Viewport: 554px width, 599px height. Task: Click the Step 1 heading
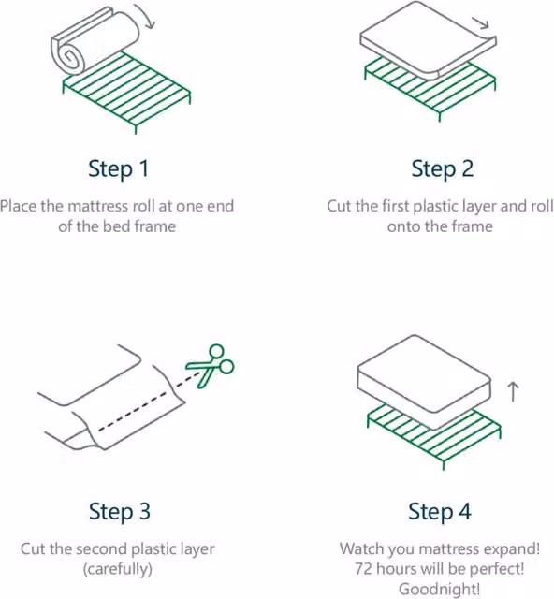tap(119, 169)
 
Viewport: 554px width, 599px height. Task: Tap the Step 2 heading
tap(443, 169)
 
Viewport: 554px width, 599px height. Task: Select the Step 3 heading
tap(120, 512)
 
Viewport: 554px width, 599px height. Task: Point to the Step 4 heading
tap(440, 512)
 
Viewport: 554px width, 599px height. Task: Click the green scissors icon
tap(210, 366)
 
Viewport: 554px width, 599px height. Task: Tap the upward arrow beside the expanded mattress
tap(513, 392)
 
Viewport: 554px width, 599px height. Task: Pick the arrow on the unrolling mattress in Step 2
tap(481, 23)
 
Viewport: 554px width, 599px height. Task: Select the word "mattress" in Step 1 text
tap(97, 207)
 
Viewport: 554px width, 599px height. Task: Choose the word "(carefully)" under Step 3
tap(118, 569)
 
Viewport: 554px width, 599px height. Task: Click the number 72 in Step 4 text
tap(364, 569)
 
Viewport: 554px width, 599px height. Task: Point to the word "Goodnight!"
tap(440, 589)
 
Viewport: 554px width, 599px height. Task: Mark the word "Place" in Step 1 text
tap(19, 206)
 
